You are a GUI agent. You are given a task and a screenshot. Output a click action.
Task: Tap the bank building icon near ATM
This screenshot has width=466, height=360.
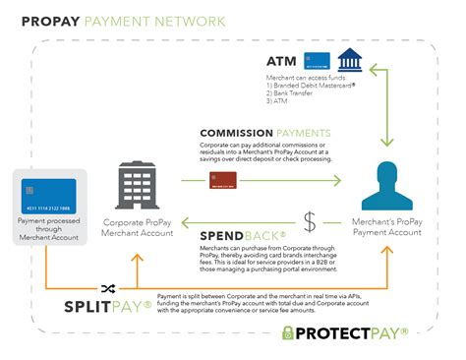point(347,59)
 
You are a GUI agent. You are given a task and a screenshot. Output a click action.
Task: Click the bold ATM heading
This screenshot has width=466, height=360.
point(281,60)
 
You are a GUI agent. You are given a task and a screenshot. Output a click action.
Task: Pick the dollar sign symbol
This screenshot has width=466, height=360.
point(310,222)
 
